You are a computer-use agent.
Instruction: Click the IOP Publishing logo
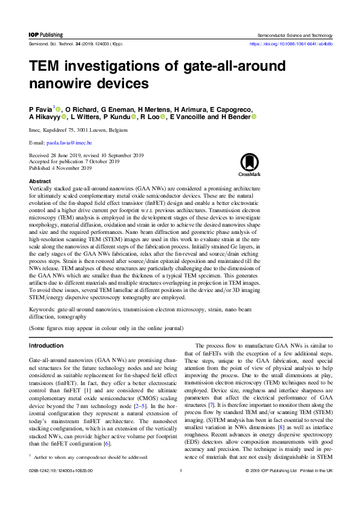click(46, 35)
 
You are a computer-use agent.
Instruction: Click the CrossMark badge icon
click(249, 164)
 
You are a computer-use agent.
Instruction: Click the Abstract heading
click(40, 181)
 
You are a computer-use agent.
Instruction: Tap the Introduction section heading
click(47, 345)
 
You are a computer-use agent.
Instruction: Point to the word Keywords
click(41, 309)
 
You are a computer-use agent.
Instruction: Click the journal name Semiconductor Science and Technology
click(295, 35)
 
